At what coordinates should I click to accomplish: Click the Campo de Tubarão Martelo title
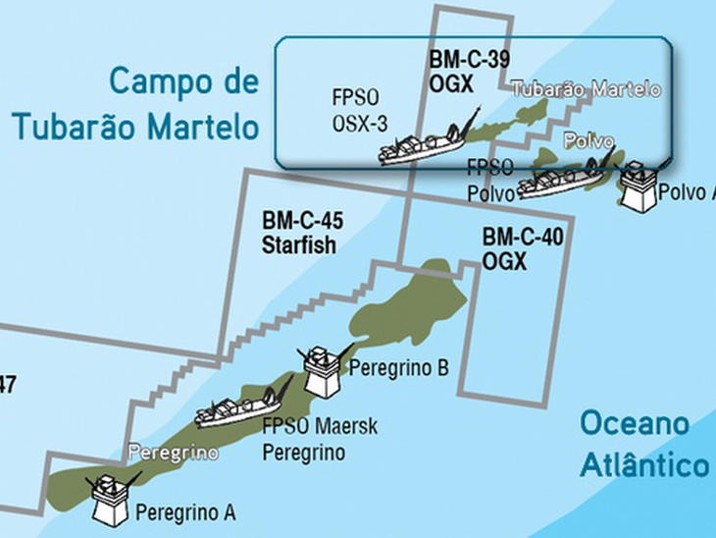tap(134, 103)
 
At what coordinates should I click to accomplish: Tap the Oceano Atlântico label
tap(642, 445)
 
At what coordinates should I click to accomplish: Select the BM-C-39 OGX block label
tap(469, 72)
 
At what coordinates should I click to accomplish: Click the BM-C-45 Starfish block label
tap(300, 233)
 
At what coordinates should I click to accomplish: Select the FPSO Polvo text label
tap(490, 179)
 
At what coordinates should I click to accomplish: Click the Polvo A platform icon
tap(639, 184)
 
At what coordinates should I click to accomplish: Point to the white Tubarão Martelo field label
tap(586, 89)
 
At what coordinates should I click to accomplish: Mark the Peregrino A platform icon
tap(110, 499)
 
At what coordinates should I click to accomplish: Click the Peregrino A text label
tap(185, 511)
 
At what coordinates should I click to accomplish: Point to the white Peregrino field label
tap(173, 454)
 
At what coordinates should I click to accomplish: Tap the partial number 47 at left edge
tap(7, 385)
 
